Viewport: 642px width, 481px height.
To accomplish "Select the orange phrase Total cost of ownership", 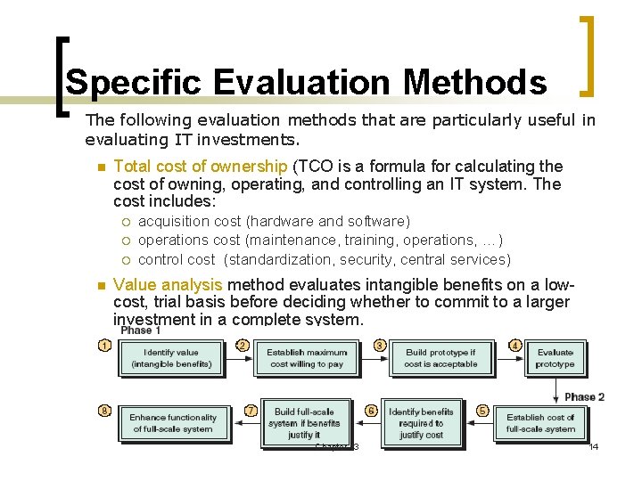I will point(201,167).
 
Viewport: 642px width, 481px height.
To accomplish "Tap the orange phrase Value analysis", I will point(169,285).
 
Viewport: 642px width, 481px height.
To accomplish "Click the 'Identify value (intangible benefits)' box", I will point(171,358).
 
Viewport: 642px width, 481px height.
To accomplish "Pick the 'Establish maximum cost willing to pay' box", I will point(305,358).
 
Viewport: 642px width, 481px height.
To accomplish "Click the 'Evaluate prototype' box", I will point(555,358).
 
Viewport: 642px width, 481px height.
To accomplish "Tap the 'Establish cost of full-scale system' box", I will point(540,423).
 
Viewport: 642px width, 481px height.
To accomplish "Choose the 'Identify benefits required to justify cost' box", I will point(421,423).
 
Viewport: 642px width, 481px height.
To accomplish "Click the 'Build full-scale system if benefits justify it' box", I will point(304,423).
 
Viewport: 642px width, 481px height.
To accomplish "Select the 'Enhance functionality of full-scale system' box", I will point(172,423).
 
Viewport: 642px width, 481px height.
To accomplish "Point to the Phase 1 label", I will point(141,330).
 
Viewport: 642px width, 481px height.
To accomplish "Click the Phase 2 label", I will point(585,396).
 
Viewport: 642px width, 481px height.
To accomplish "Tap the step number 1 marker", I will point(105,346).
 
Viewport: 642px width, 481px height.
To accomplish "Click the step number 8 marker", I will point(105,411).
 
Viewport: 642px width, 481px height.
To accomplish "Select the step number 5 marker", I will point(482,411).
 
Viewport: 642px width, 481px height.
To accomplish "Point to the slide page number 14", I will point(594,445).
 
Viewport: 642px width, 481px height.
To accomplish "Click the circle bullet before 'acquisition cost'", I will point(127,222).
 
